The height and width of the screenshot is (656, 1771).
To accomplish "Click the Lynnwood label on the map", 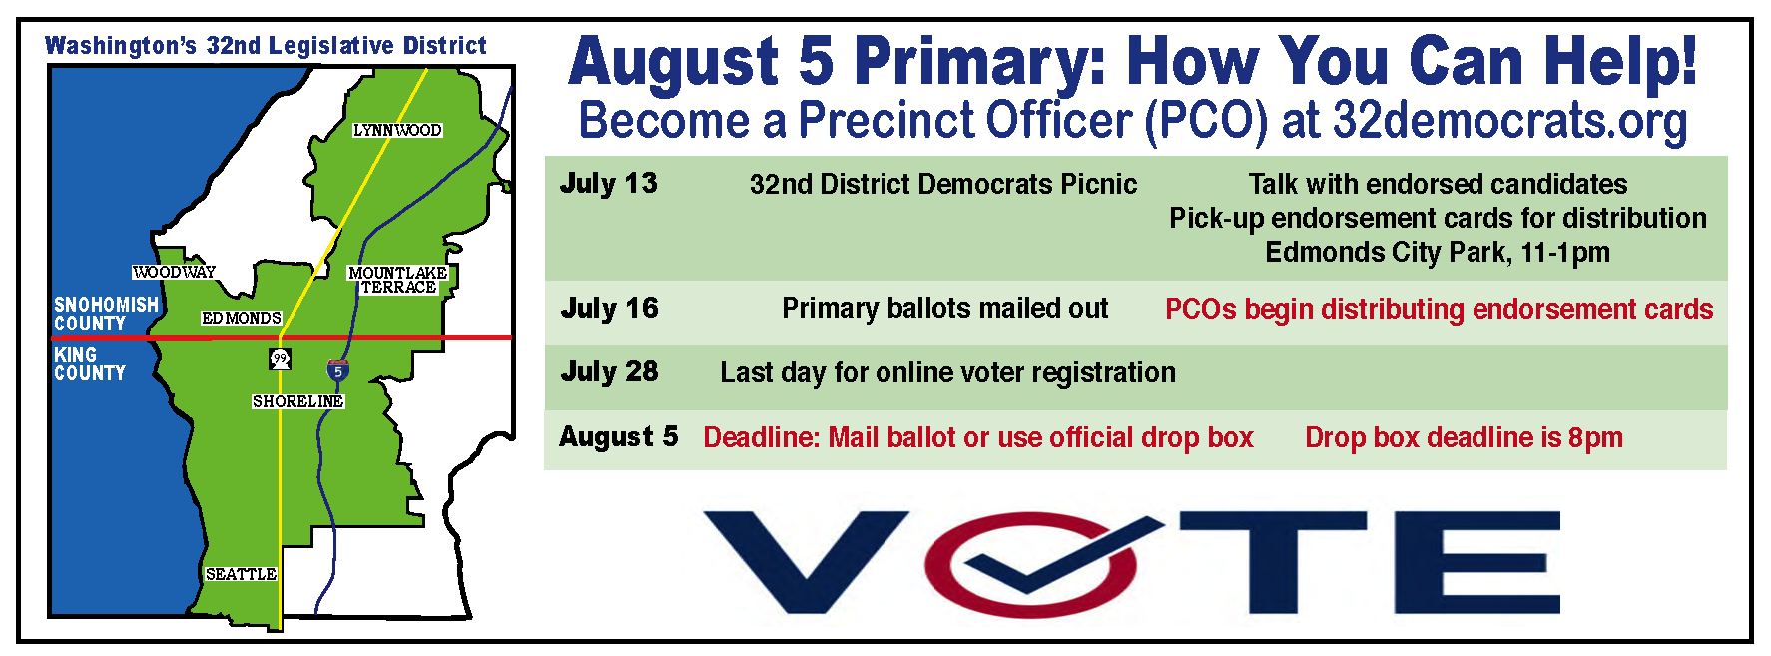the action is point(397,130).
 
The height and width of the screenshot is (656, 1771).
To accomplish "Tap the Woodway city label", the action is point(174,272).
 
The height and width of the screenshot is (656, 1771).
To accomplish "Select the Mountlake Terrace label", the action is point(398,280).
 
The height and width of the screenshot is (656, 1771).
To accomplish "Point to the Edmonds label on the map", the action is point(242,318).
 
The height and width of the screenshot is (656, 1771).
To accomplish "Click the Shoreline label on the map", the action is point(297,401).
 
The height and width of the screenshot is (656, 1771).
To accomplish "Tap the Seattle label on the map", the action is point(241,574).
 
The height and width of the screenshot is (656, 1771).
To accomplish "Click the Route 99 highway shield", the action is point(281,359).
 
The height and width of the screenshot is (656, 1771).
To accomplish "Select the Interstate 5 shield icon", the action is point(338,371).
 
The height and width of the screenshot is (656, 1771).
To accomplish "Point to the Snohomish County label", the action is point(106,314).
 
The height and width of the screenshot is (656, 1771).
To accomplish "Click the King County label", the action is point(90,364).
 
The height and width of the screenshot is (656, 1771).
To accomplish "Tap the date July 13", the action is point(609,184).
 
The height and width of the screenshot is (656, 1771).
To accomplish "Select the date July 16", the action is point(609,308).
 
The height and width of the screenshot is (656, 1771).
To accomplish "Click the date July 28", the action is point(609,372).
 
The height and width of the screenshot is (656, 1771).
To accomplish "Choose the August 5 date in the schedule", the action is point(619,437).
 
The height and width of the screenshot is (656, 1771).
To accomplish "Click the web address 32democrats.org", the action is point(1509,121).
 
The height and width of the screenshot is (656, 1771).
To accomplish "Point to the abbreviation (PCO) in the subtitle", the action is point(1206,121).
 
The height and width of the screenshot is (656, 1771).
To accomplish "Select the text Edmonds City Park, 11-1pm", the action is point(1438,252).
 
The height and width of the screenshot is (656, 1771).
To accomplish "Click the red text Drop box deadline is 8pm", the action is point(1464,437).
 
